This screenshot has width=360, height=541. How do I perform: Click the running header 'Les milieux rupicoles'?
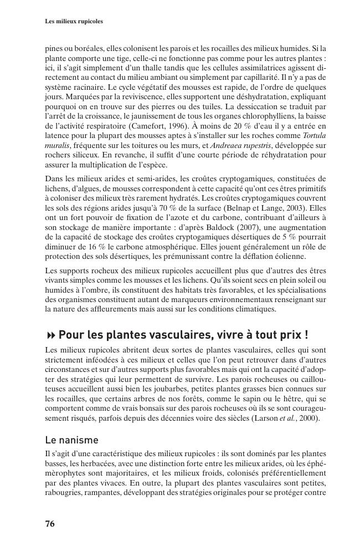tap(74, 22)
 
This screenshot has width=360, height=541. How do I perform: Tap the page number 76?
tap(49, 524)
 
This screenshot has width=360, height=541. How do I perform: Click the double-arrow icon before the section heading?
tap(51, 336)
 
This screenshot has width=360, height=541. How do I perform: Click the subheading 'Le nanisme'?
tap(71, 440)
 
